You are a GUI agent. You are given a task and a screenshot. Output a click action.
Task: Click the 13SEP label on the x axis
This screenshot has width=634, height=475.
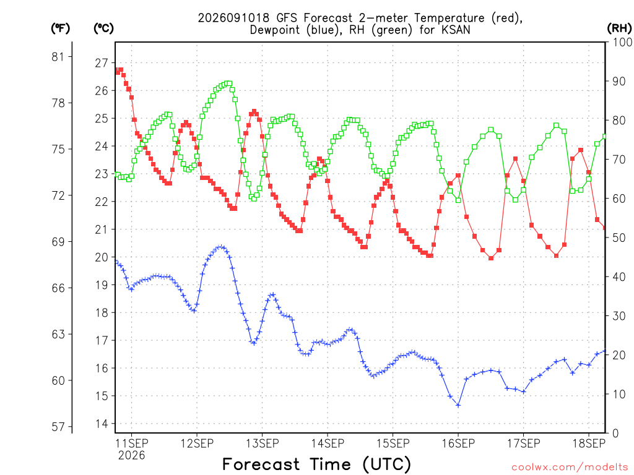(x=262, y=443)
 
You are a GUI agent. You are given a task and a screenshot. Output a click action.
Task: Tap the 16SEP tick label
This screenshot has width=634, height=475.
(x=458, y=443)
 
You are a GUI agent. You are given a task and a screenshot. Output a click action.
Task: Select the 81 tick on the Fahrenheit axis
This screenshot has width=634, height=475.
(x=58, y=57)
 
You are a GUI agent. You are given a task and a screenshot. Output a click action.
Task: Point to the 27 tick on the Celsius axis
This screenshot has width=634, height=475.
(x=102, y=63)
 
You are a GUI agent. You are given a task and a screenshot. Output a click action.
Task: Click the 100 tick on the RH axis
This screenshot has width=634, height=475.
(x=622, y=42)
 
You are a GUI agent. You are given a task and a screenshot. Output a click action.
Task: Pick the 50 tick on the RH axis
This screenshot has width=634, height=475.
(x=619, y=237)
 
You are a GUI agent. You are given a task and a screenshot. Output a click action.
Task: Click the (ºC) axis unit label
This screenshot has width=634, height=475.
(x=103, y=28)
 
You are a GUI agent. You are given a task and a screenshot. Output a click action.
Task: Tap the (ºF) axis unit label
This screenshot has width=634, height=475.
(x=60, y=28)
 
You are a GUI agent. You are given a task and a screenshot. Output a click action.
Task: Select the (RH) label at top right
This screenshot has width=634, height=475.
(x=619, y=28)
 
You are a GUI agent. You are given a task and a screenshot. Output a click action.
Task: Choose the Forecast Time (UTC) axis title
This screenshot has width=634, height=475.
(x=316, y=464)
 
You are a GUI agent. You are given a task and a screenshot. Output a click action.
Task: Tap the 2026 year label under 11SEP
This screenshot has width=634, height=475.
(x=131, y=456)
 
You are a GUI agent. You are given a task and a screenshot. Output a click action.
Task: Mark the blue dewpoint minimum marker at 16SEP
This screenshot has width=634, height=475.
(x=458, y=405)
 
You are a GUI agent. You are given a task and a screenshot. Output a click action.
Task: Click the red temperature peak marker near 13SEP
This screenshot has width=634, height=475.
(x=254, y=111)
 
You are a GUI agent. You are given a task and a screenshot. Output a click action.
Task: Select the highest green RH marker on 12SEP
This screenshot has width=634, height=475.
(x=230, y=83)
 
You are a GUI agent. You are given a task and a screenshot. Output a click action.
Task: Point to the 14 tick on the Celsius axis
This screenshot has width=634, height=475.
(x=102, y=424)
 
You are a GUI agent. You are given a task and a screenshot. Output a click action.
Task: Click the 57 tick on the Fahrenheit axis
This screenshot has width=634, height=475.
(x=58, y=427)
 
